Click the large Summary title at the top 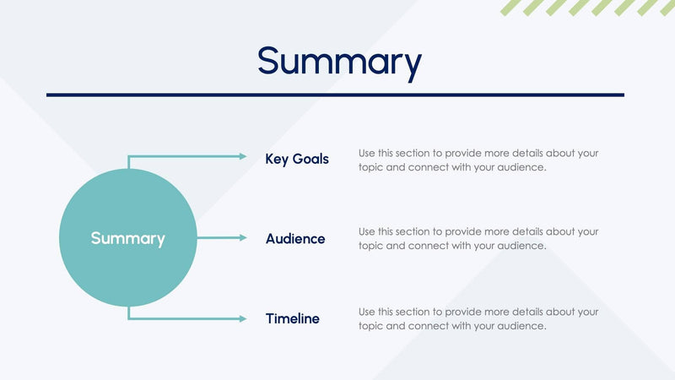[339, 61]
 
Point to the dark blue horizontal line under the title [335, 95]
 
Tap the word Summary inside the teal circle [127, 239]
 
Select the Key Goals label [297, 159]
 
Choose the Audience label [295, 239]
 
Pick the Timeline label [293, 319]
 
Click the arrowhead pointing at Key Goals [243, 156]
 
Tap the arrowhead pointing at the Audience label [243, 239]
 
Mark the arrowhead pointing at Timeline [243, 319]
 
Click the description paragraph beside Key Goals [478, 160]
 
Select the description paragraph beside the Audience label [478, 238]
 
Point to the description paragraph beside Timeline [478, 318]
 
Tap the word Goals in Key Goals [310, 159]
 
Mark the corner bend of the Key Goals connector [129, 157]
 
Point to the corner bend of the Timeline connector [129, 319]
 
